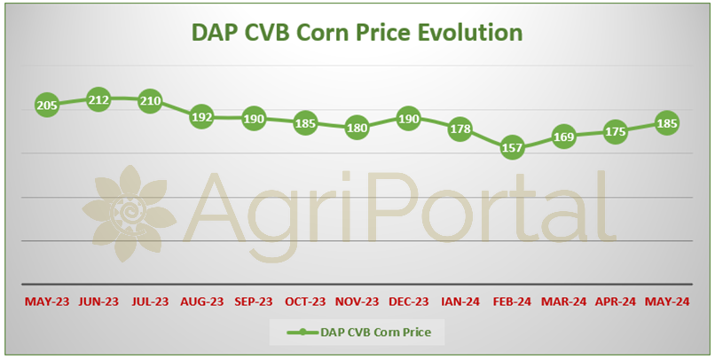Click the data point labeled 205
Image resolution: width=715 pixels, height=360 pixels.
pyautogui.click(x=47, y=106)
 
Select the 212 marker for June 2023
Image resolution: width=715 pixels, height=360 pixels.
pyautogui.click(x=98, y=99)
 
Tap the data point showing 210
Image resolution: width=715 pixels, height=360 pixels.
pyautogui.click(x=150, y=101)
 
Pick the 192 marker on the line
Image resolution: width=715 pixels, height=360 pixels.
pyautogui.click(x=201, y=117)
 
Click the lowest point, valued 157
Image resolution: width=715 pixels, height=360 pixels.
pyautogui.click(x=512, y=148)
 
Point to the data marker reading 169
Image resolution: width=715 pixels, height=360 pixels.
pyautogui.click(x=563, y=137)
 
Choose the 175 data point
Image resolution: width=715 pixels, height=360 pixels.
pyautogui.click(x=615, y=132)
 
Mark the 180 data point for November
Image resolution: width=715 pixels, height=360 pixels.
pyautogui.click(x=357, y=128)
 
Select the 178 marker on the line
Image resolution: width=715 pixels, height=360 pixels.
pyautogui.click(x=460, y=129)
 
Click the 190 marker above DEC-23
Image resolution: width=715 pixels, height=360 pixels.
pyautogui.click(x=409, y=119)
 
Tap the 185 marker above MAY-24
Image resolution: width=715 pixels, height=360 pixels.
pyautogui.click(x=667, y=123)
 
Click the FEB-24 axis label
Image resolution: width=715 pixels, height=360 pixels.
pyautogui.click(x=512, y=301)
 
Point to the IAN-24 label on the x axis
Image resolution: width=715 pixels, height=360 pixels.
pyautogui.click(x=460, y=301)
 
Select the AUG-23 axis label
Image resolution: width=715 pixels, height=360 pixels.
pyautogui.click(x=202, y=301)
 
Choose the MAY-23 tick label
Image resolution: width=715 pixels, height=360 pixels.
pyautogui.click(x=47, y=301)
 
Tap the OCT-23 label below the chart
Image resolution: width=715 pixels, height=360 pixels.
pyautogui.click(x=305, y=301)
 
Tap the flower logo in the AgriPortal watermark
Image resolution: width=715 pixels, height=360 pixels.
pyautogui.click(x=129, y=214)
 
